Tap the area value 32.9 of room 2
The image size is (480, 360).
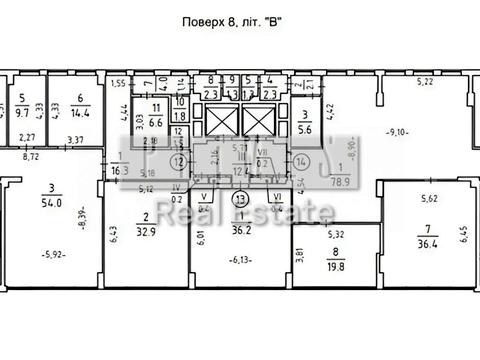pos(146,230)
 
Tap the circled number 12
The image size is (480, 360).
pos(177,160)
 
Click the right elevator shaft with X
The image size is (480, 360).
pos(255,123)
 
